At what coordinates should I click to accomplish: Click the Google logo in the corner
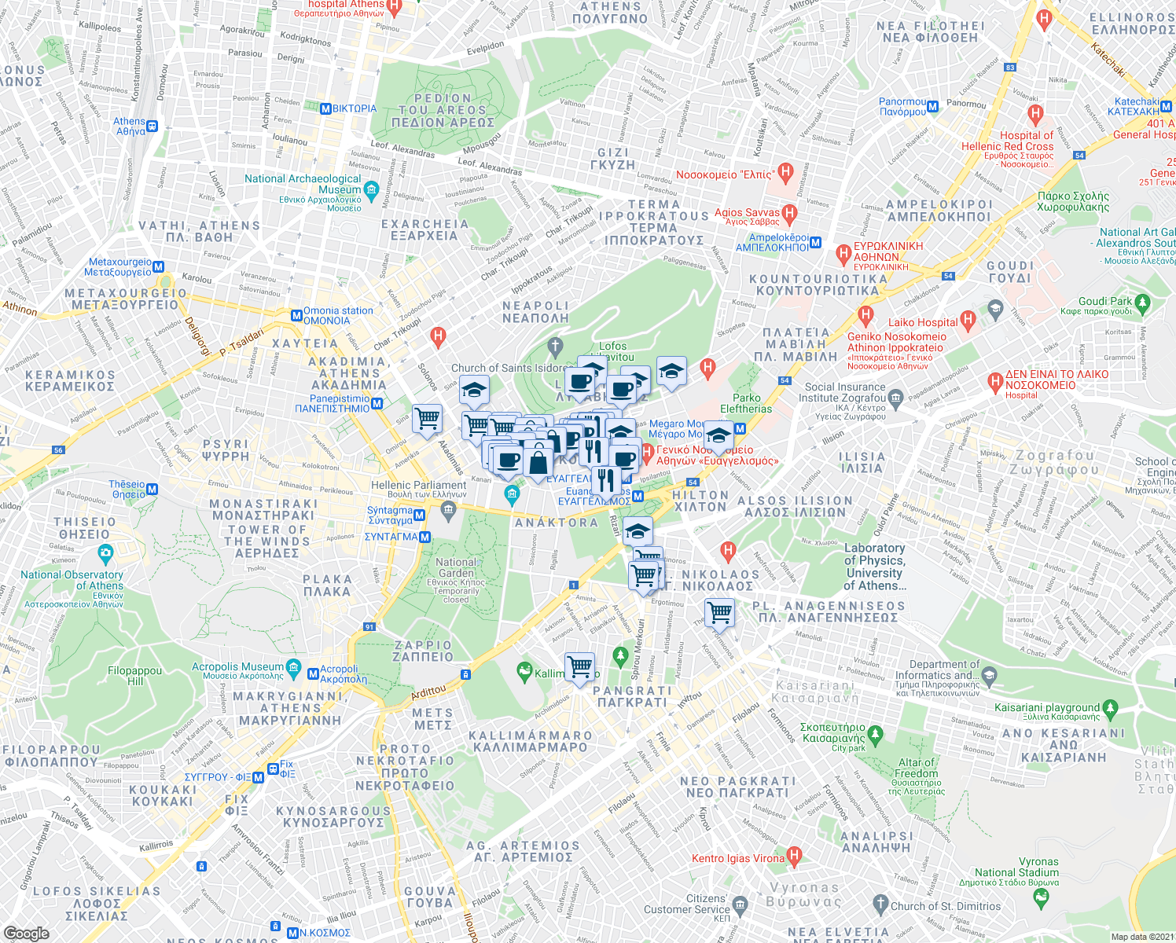[x=26, y=933]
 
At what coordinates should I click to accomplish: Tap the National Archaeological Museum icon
[x=372, y=189]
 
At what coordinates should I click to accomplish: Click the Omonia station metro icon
[x=296, y=316]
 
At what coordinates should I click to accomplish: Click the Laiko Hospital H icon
[x=968, y=321]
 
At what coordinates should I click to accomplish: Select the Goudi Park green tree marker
[x=1142, y=302]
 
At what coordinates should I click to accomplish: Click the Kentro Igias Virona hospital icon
[x=794, y=856]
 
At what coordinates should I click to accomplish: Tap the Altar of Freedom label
[x=917, y=768]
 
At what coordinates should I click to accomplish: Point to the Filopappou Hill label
[x=134, y=676]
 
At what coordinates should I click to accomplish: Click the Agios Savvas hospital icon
[x=790, y=212]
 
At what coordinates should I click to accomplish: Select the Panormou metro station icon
[x=933, y=107]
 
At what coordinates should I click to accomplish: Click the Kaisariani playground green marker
[x=1110, y=708]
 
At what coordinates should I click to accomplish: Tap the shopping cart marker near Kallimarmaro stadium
[x=580, y=667]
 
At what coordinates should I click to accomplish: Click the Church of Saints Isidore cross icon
[x=555, y=347]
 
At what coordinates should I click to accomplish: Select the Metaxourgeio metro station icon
[x=159, y=267]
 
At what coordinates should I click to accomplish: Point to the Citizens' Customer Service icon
[x=739, y=904]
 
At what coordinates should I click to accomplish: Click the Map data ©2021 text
[x=1142, y=937]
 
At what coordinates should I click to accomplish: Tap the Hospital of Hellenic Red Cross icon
[x=1035, y=115]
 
